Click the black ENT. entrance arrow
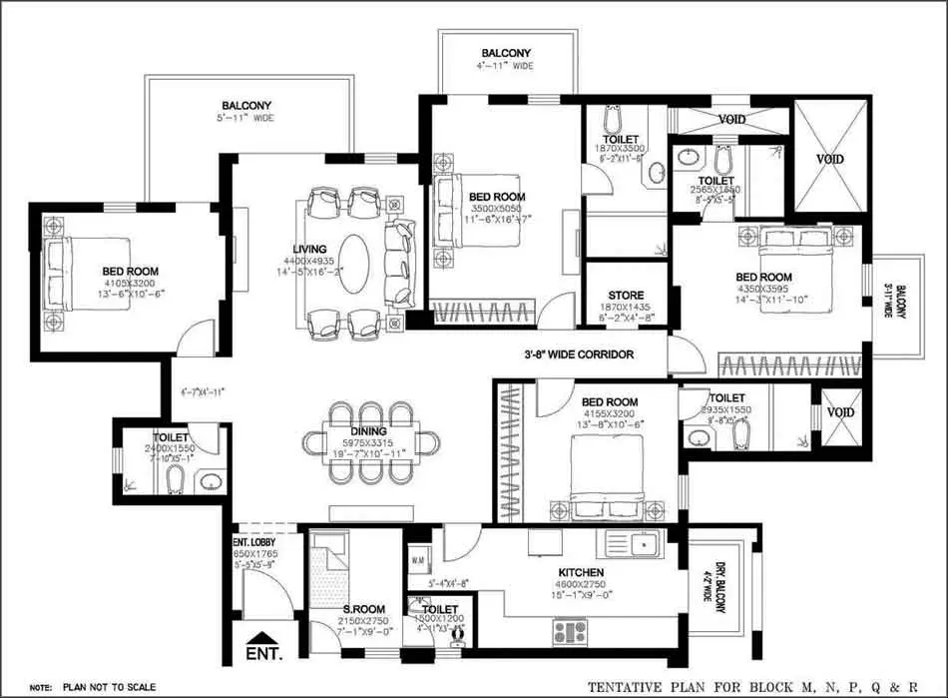click(262, 640)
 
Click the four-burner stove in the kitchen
click(570, 631)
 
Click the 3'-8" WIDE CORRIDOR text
click(579, 354)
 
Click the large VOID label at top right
click(829, 160)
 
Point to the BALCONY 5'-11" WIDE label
click(246, 105)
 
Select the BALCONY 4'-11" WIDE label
click(507, 53)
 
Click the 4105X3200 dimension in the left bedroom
click(130, 283)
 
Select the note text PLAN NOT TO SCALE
click(109, 688)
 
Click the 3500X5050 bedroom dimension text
click(496, 210)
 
